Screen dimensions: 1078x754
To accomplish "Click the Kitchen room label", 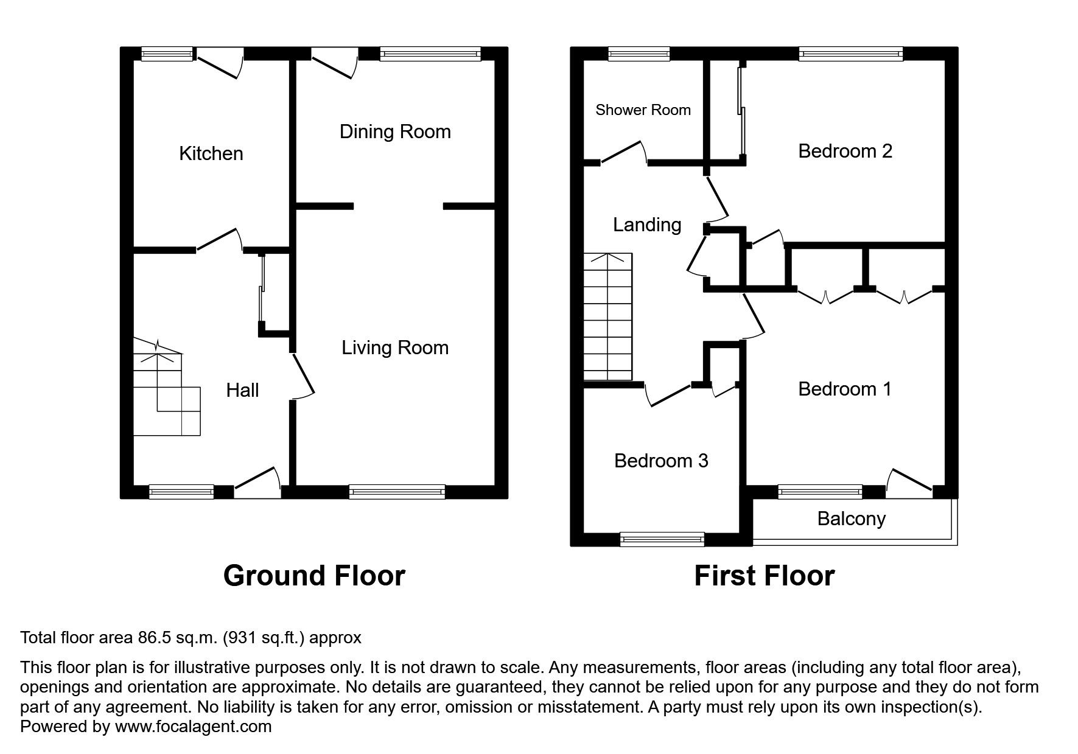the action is pyautogui.click(x=211, y=153).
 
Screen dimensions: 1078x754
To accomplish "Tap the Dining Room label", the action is pyautogui.click(x=395, y=131).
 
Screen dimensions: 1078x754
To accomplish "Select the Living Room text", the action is pyautogui.click(x=395, y=347).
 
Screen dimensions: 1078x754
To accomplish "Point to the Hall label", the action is pyautogui.click(x=242, y=390).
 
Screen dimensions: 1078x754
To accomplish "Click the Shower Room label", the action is pyautogui.click(x=643, y=110).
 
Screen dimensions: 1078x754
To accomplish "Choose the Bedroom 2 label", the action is pyautogui.click(x=845, y=151).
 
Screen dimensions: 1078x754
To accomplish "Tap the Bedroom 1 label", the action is pyautogui.click(x=845, y=389).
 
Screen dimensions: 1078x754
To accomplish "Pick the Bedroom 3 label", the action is pyautogui.click(x=661, y=461).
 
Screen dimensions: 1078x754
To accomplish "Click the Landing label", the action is pyautogui.click(x=647, y=225).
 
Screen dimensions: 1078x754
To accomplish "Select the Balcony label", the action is pyautogui.click(x=851, y=518).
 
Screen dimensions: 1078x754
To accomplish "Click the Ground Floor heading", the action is pyautogui.click(x=314, y=575).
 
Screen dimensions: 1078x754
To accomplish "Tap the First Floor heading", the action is pyautogui.click(x=764, y=575).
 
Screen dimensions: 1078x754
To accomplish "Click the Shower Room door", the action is pyautogui.click(x=624, y=153).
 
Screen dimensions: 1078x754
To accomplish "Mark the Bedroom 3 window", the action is pyautogui.click(x=662, y=539).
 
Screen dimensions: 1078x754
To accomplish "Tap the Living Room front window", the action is pyautogui.click(x=397, y=492).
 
